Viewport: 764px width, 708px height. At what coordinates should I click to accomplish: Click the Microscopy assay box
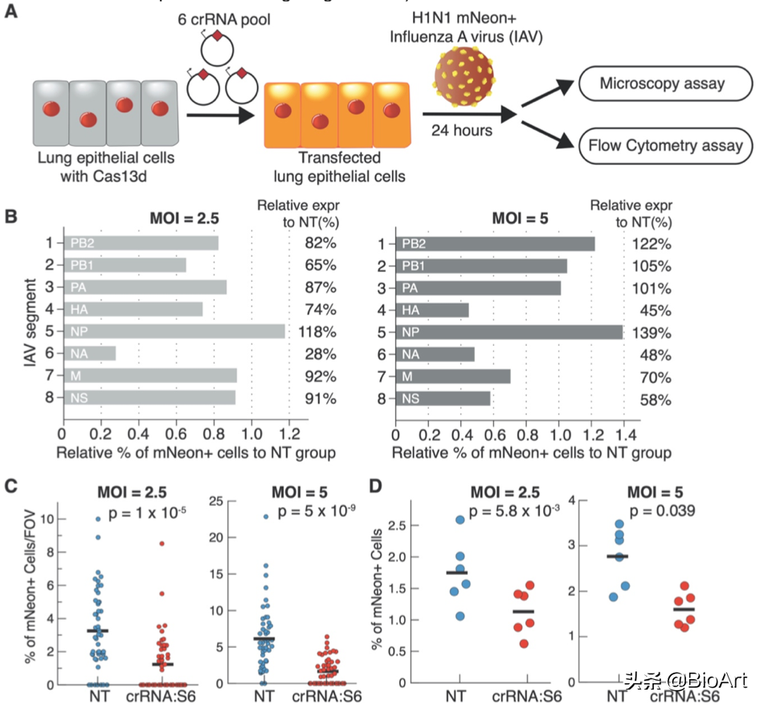pos(661,83)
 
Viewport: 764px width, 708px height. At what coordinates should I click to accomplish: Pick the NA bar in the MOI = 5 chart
pos(435,353)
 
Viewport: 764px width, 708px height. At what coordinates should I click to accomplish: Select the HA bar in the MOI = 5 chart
pos(431,309)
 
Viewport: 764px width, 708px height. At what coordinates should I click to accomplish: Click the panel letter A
pos(11,12)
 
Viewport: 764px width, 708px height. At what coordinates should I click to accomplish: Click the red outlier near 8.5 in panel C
pos(161,543)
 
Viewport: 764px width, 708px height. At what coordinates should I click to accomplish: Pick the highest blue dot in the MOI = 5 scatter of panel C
pos(265,516)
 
